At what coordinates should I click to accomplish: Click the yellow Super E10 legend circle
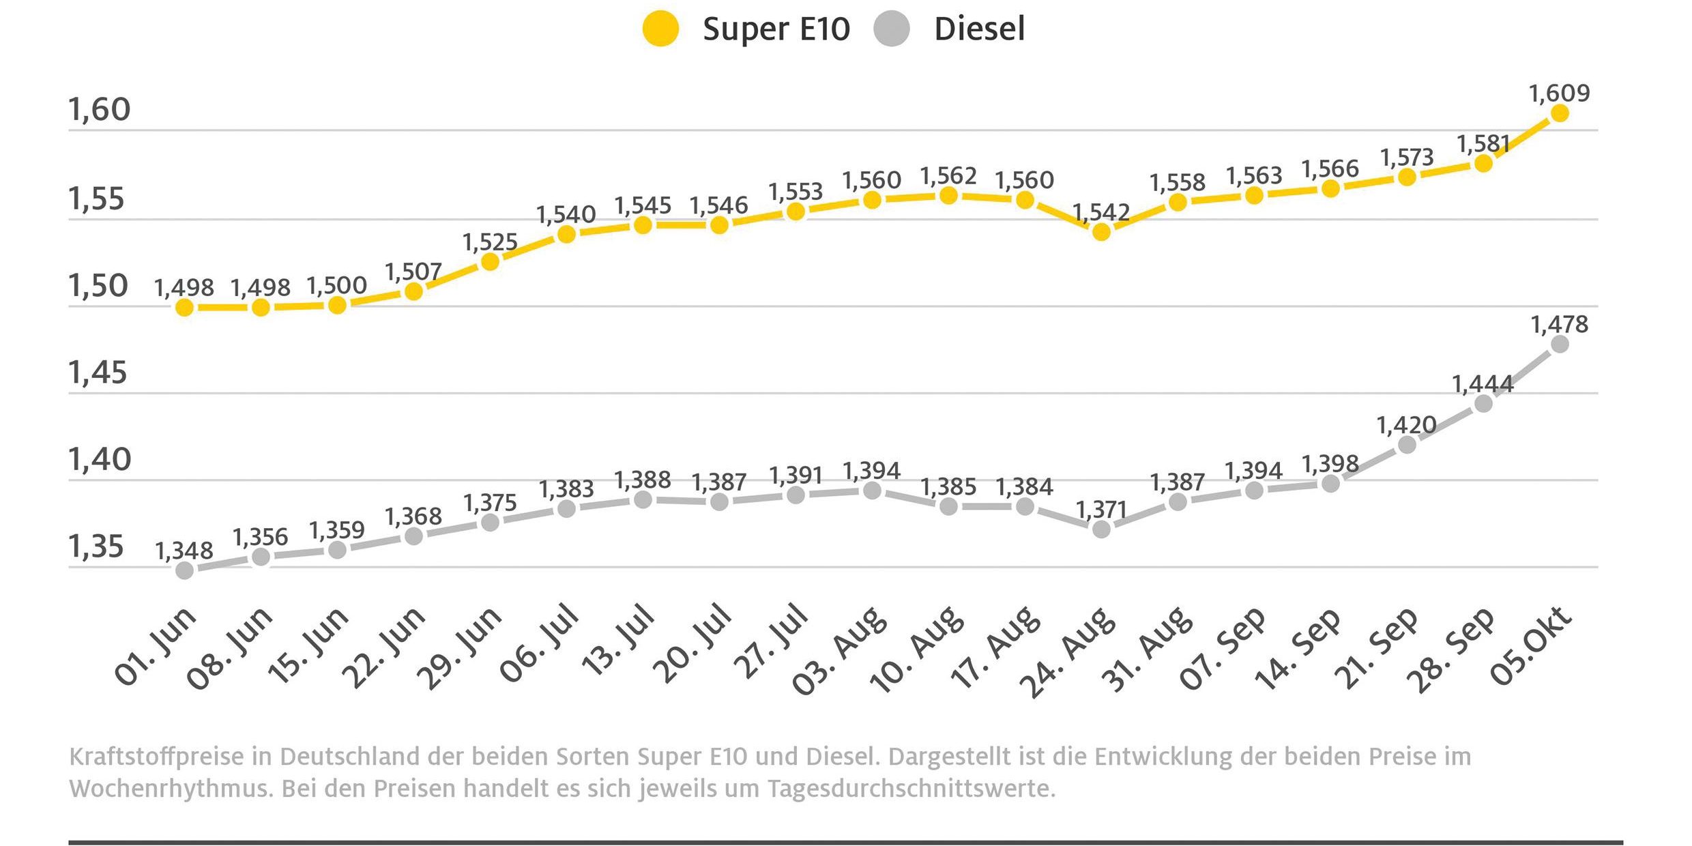pos(660,29)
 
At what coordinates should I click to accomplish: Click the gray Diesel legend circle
pos(891,29)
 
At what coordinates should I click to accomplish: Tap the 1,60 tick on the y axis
pos(100,109)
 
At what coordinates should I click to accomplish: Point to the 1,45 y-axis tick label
pos(98,373)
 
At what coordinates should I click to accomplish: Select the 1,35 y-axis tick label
pos(96,547)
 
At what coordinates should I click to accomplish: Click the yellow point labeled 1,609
pos(1560,113)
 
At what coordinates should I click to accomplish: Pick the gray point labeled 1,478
pos(1560,344)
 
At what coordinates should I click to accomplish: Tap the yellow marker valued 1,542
pos(1101,232)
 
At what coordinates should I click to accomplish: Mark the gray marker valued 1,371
pos(1101,529)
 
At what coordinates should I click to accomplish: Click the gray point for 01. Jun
pos(184,570)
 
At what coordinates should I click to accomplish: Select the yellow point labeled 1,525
pos(490,261)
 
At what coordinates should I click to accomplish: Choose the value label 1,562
pos(948,176)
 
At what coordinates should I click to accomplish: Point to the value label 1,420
pos(1407,426)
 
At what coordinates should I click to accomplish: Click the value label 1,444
pos(1483,385)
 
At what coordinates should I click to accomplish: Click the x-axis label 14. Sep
pos(1298,648)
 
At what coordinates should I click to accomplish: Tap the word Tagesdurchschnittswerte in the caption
pos(911,789)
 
